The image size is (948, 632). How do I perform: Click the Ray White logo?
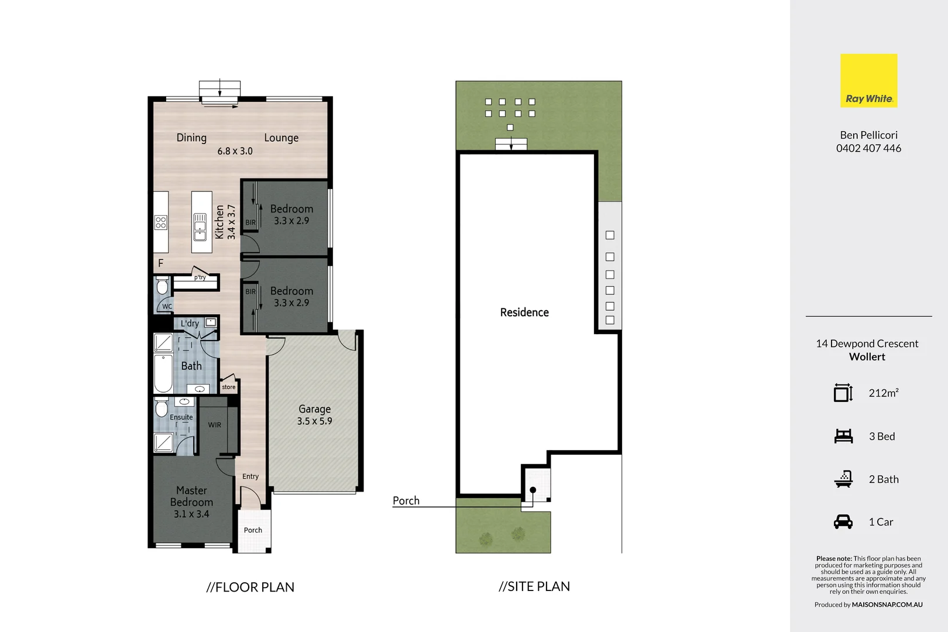pyautogui.click(x=868, y=81)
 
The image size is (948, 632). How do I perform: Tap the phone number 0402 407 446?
pyautogui.click(x=868, y=149)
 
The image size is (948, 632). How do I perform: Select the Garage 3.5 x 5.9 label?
pyautogui.click(x=315, y=415)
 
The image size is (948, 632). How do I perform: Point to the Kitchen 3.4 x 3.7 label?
pyautogui.click(x=225, y=222)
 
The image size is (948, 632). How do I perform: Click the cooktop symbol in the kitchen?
pyautogui.click(x=161, y=222)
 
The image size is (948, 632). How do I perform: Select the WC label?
pyautogui.click(x=167, y=306)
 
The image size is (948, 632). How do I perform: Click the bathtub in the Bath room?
pyautogui.click(x=163, y=373)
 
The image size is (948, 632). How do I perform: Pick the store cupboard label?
pyautogui.click(x=229, y=387)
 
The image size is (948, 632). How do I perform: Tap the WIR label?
pyautogui.click(x=215, y=425)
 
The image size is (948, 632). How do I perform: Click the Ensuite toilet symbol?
pyautogui.click(x=162, y=407)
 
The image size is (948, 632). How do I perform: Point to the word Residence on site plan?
pyautogui.click(x=524, y=312)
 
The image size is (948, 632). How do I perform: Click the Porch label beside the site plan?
pyautogui.click(x=406, y=501)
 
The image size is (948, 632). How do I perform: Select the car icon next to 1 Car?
pyautogui.click(x=843, y=522)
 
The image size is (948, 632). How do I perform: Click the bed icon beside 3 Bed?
pyautogui.click(x=843, y=437)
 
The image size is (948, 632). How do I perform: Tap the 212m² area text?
pyautogui.click(x=884, y=393)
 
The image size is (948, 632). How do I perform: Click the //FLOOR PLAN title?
pyautogui.click(x=250, y=587)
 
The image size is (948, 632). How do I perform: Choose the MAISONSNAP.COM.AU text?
pyautogui.click(x=887, y=604)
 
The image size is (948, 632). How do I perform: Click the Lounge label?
pyautogui.click(x=281, y=138)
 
